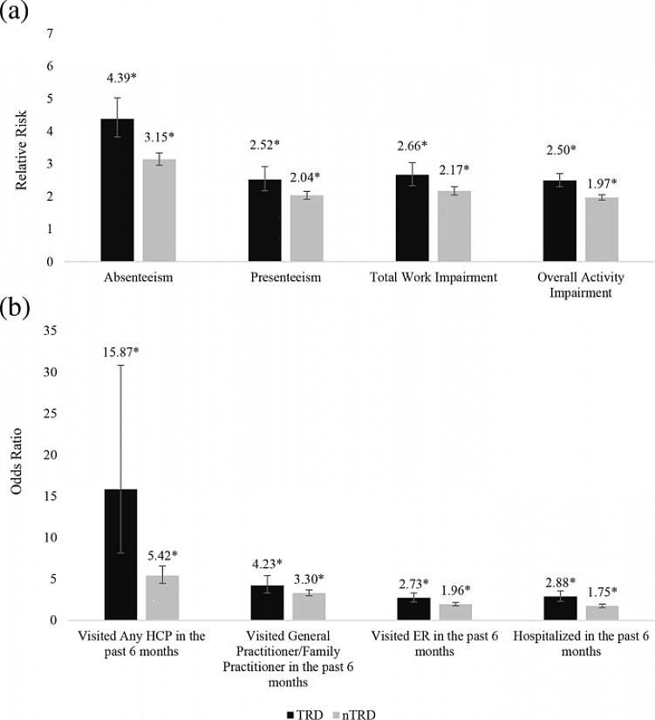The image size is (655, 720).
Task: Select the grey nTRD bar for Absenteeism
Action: (160, 210)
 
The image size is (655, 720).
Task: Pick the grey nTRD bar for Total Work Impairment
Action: (454, 226)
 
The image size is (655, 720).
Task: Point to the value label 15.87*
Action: (120, 353)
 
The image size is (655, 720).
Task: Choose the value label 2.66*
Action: (413, 144)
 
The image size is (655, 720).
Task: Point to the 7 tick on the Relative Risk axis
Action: (51, 33)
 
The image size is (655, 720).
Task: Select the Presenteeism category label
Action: (285, 278)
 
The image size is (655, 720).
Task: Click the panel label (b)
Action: (17, 309)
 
